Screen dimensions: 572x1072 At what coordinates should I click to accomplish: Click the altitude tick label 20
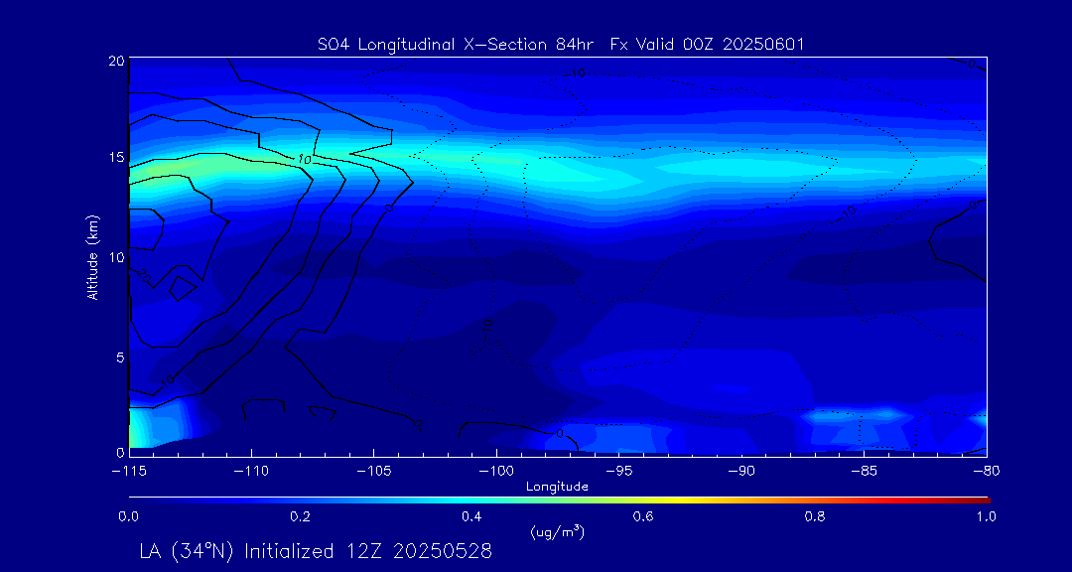point(115,61)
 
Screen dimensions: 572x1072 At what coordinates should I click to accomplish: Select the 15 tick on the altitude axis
point(115,158)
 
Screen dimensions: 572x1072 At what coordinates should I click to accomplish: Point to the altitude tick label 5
point(118,356)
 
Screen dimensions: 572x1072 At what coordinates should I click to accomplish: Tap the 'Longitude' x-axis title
point(557,487)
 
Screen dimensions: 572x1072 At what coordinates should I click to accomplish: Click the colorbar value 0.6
point(643,516)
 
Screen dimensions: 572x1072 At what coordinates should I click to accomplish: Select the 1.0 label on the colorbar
point(986,516)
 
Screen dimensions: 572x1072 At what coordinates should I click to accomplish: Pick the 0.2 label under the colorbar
point(300,516)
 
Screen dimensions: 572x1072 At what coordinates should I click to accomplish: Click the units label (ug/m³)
point(557,533)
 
